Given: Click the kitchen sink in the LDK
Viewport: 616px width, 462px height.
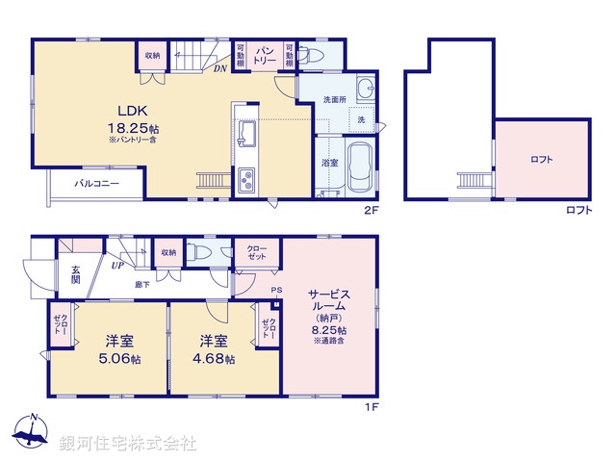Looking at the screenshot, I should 244,134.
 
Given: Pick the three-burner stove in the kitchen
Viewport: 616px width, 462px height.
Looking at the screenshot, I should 245,180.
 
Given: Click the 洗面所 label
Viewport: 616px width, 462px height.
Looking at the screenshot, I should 334,100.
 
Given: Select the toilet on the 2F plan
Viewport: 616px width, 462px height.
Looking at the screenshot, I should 306,55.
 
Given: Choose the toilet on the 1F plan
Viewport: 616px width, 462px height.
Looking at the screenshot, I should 197,252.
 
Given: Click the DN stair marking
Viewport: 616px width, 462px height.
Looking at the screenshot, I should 219,68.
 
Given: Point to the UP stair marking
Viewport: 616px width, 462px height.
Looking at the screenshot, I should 117,265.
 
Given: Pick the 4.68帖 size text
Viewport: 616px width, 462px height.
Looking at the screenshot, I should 217,359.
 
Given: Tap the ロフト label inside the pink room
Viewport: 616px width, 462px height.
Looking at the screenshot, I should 542,160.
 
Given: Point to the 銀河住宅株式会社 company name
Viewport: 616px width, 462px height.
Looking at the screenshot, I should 128,444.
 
